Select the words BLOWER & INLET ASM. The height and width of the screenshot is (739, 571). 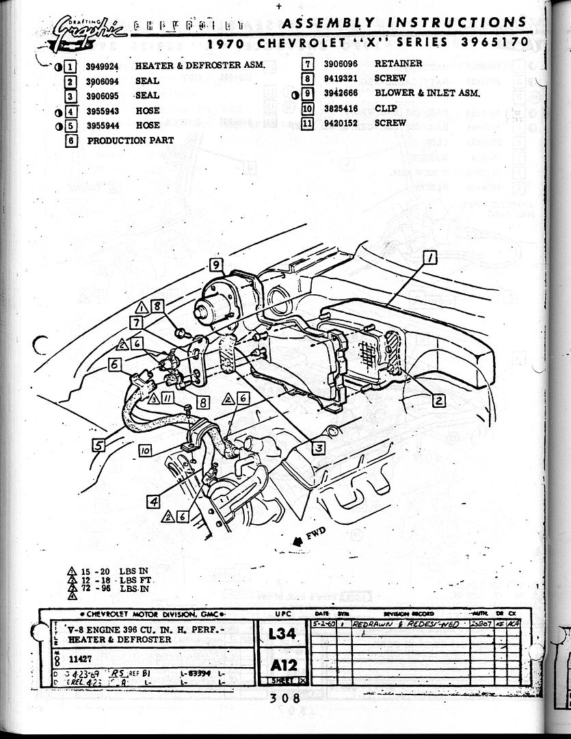coord(427,93)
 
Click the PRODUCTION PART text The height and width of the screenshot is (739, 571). coord(130,140)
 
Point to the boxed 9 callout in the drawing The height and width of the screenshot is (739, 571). coord(215,265)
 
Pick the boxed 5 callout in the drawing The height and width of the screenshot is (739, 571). coord(99,445)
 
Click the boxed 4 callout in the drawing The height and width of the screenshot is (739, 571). coord(154,502)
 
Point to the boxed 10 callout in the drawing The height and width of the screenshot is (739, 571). coord(144,451)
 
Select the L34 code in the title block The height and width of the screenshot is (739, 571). coord(282,634)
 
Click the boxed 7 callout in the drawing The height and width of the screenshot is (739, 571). coord(137,322)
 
